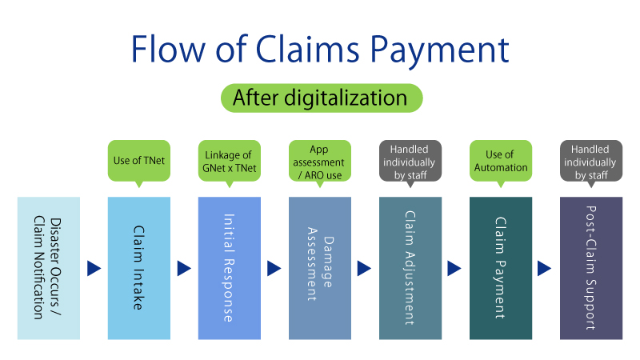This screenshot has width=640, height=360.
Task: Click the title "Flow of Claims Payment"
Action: [320, 50]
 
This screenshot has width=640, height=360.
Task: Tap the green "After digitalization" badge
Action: [320, 98]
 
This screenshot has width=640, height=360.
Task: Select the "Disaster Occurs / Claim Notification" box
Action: [49, 268]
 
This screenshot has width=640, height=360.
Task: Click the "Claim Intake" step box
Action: [139, 268]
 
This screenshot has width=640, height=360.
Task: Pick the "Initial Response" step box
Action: [230, 268]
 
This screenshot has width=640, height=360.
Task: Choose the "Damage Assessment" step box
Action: [320, 268]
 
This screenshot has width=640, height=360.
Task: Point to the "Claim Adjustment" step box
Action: [410, 268]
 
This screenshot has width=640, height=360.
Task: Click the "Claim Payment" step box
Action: [501, 268]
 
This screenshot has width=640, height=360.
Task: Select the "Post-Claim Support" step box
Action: [591, 268]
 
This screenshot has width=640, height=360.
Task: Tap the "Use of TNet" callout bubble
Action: [139, 160]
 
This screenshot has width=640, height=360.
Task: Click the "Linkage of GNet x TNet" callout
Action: [230, 160]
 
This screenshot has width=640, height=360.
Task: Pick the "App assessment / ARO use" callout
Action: [320, 160]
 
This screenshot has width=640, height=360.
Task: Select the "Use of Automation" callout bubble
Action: [501, 160]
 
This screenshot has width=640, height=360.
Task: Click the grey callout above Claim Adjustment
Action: [410, 160]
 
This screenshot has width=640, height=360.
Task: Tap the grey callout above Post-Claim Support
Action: [591, 160]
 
